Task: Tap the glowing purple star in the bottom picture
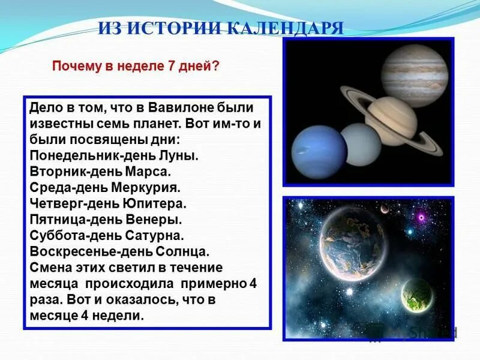[422, 216]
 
